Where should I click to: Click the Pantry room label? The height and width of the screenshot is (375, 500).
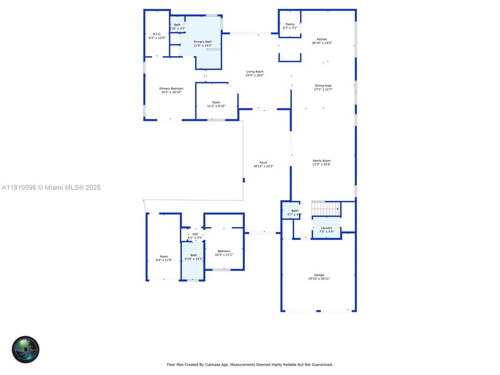pyautogui.click(x=290, y=26)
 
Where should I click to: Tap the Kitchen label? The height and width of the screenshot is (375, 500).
pyautogui.click(x=322, y=41)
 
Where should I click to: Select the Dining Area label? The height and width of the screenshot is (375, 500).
pyautogui.click(x=323, y=87)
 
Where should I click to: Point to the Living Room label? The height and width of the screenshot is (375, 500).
pyautogui.click(x=255, y=73)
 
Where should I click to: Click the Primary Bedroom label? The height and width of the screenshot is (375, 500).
pyautogui.click(x=170, y=90)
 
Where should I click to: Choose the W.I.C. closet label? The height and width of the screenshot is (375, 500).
pyautogui.click(x=157, y=36)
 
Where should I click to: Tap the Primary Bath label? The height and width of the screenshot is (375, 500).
pyautogui.click(x=203, y=43)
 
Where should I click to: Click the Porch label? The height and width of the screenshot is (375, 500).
pyautogui.click(x=264, y=164)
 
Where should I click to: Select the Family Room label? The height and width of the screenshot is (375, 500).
pyautogui.click(x=321, y=162)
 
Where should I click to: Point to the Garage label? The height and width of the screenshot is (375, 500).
pyautogui.click(x=319, y=277)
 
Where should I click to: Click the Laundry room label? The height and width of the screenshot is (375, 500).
pyautogui.click(x=327, y=230)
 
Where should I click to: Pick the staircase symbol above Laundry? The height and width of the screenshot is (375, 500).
pyautogui.click(x=326, y=208)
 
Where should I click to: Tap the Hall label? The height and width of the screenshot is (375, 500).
pyautogui.click(x=195, y=235)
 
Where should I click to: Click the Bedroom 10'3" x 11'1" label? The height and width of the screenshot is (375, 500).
pyautogui.click(x=224, y=253)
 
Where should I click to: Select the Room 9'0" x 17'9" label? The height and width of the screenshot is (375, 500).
pyautogui.click(x=164, y=258)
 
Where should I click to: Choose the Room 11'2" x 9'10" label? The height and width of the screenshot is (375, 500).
pyautogui.click(x=216, y=104)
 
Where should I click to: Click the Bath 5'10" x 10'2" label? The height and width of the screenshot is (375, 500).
pyautogui.click(x=193, y=257)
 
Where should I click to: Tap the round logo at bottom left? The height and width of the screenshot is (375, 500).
pyautogui.click(x=26, y=349)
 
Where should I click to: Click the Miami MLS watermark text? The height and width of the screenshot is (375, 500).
pyautogui.click(x=52, y=187)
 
